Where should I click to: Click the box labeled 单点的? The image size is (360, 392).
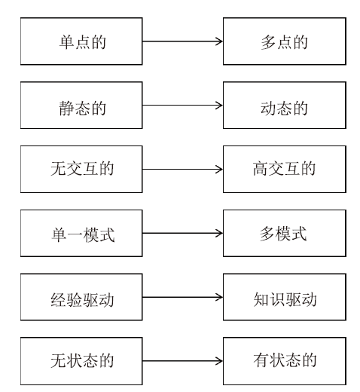click(81, 41)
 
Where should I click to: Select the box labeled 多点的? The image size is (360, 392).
click(285, 41)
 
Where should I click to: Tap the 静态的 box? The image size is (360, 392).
click(81, 105)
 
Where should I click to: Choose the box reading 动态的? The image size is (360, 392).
click(285, 105)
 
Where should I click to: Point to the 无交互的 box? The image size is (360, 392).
click(81, 169)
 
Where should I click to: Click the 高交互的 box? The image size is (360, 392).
click(285, 169)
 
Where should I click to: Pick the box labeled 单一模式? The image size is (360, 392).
click(81, 233)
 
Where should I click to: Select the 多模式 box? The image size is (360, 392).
click(285, 233)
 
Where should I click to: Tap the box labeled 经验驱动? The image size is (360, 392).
click(81, 297)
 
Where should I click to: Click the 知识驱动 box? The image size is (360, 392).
click(285, 297)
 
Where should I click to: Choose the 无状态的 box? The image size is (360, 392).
click(81, 361)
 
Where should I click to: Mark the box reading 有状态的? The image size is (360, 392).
click(285, 361)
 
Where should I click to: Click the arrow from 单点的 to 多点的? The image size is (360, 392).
click(182, 41)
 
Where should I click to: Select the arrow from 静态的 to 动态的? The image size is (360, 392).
click(182, 105)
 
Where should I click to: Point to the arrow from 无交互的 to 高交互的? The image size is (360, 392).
click(182, 169)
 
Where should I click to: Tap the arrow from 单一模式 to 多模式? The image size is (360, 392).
click(182, 233)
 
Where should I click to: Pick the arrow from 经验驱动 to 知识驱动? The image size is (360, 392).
click(182, 297)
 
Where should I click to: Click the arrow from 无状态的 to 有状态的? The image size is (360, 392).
click(182, 361)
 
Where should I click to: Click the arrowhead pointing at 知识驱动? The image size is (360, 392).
click(220, 297)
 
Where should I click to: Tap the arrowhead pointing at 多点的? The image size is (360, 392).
click(220, 41)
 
